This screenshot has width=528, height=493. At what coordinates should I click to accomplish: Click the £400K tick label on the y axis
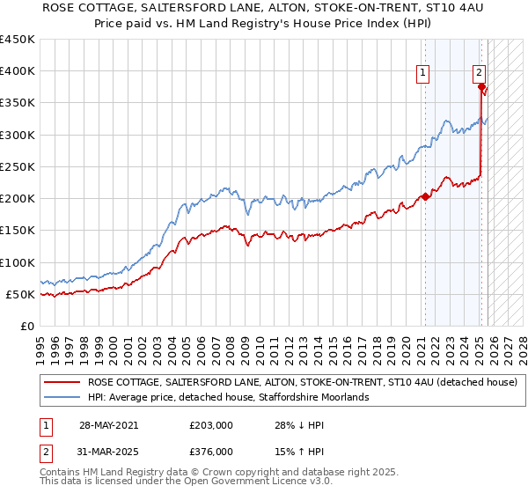click(x=18, y=71)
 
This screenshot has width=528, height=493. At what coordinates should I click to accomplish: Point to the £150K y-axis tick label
click(x=18, y=231)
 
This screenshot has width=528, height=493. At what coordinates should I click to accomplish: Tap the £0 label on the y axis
click(x=26, y=327)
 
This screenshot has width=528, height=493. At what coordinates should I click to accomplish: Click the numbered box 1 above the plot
click(x=423, y=74)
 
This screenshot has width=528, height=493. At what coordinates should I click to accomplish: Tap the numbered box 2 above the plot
click(x=479, y=74)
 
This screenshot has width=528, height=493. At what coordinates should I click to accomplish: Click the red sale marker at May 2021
click(x=425, y=196)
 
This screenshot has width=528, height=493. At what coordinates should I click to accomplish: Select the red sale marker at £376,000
click(x=481, y=86)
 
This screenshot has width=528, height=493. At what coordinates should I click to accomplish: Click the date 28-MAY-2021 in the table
click(x=107, y=425)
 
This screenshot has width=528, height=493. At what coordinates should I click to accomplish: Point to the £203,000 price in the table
click(x=211, y=425)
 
